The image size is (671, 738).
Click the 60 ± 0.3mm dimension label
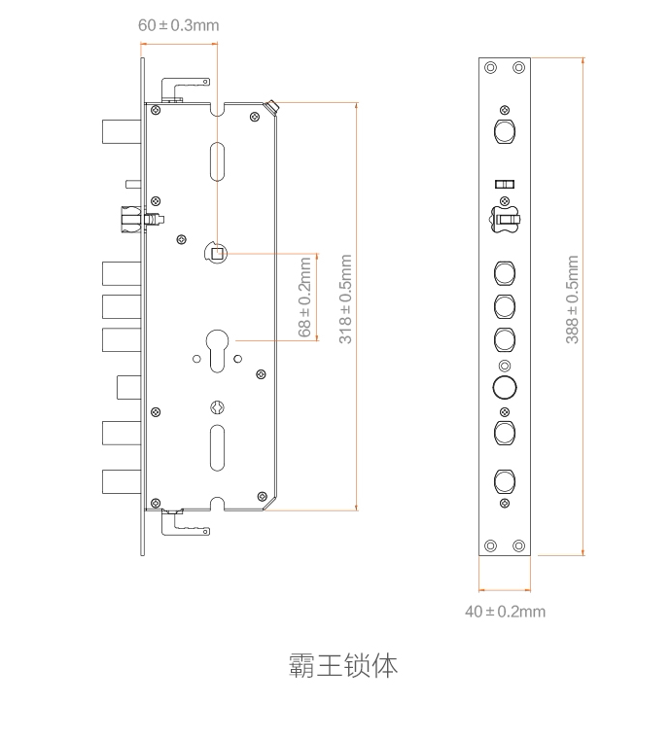(x=178, y=24)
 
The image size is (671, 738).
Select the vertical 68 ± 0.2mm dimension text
(x=305, y=298)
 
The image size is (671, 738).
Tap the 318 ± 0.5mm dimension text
(x=345, y=299)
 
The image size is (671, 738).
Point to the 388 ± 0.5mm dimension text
(x=573, y=299)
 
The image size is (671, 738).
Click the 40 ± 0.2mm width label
(x=505, y=612)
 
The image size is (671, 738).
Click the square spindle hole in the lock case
(x=218, y=255)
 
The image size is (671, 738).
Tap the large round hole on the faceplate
(x=505, y=388)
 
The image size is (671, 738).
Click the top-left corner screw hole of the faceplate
(x=490, y=67)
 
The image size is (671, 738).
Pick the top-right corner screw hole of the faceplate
(x=519, y=67)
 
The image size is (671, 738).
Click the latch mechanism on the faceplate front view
(x=504, y=220)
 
